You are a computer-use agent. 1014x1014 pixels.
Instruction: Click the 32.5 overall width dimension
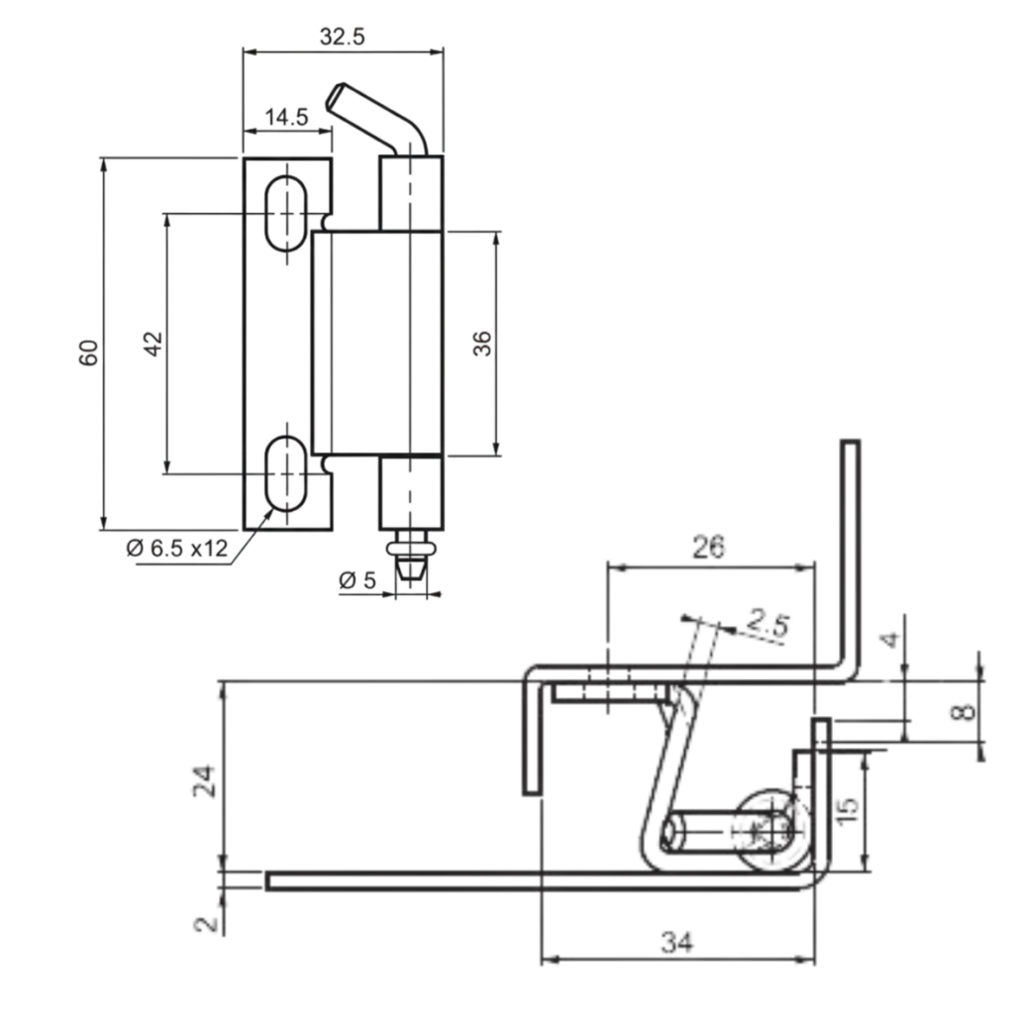[x=343, y=37]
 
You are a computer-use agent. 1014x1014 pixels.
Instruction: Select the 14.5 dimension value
[x=286, y=117]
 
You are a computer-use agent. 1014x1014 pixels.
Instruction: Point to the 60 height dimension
[x=89, y=352]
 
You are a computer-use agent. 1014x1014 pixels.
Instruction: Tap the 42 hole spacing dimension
[x=152, y=344]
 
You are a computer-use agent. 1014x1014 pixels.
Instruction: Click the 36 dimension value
[x=482, y=344]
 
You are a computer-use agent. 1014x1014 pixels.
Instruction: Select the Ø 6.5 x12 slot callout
[x=178, y=548]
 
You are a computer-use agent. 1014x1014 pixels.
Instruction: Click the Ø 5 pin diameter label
[x=357, y=580]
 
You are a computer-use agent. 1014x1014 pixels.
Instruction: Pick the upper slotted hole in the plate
[x=286, y=213]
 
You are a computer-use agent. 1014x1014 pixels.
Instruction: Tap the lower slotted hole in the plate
[x=286, y=473]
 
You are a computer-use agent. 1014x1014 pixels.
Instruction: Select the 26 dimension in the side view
[x=708, y=548]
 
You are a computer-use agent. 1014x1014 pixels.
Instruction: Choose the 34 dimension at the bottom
[x=676, y=943]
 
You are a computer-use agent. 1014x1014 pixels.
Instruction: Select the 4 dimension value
[x=892, y=640]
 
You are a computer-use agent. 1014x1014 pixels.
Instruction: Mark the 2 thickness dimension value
[x=206, y=923]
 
